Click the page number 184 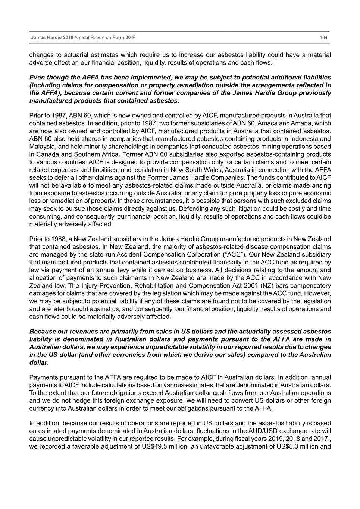pos(323,38)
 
